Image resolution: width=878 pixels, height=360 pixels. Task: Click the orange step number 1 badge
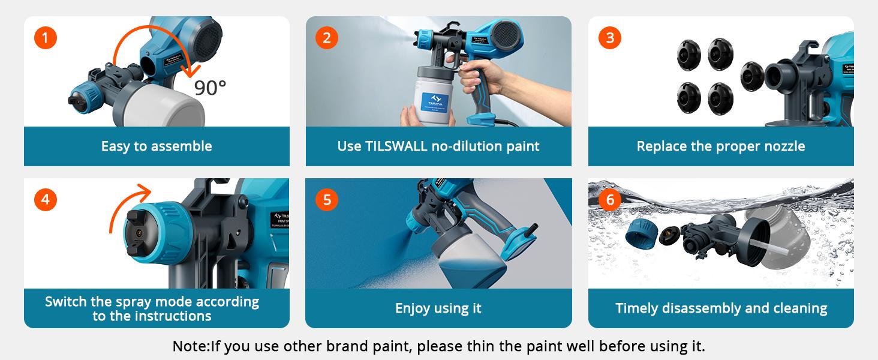coord(45,38)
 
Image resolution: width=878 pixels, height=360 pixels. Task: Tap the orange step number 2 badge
coord(327,38)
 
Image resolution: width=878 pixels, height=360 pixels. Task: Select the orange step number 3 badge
coord(610,38)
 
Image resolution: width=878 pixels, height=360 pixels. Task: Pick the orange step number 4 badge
coord(45,199)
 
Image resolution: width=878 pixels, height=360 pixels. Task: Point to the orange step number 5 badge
coord(327,199)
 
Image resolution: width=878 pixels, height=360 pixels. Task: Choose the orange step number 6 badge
coord(610,199)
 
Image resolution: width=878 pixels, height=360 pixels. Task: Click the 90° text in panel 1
coord(210,88)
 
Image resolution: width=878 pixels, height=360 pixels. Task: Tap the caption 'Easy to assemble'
coord(157,146)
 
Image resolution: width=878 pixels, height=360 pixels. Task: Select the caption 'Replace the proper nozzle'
coord(721,146)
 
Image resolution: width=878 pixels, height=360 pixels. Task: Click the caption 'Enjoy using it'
coord(438,308)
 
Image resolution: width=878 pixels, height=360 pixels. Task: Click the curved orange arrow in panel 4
coord(129,204)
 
